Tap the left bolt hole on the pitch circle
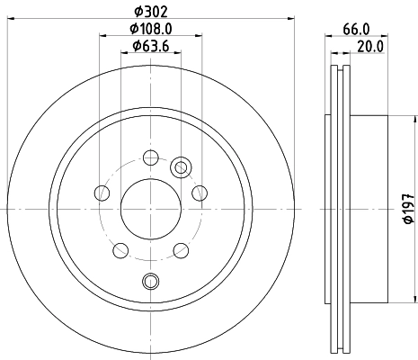(102, 193)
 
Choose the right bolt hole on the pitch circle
(200, 193)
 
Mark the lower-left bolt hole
(121, 248)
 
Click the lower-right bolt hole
(181, 248)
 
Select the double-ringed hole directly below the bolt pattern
(151, 280)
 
